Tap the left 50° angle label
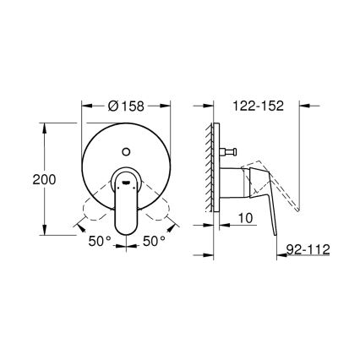click(101, 241)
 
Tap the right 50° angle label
click(153, 241)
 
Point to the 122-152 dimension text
click(254, 108)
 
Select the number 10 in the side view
click(245, 218)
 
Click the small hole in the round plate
click(127, 153)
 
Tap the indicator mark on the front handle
click(126, 180)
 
